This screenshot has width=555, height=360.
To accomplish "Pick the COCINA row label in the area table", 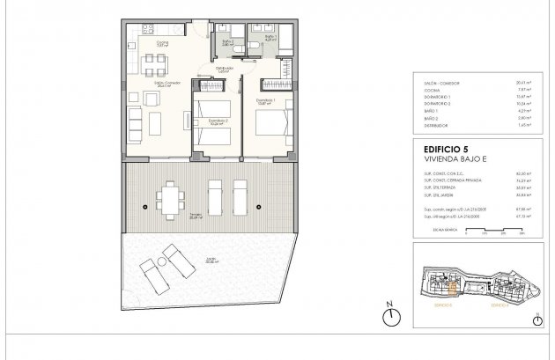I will [x=431, y=89].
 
